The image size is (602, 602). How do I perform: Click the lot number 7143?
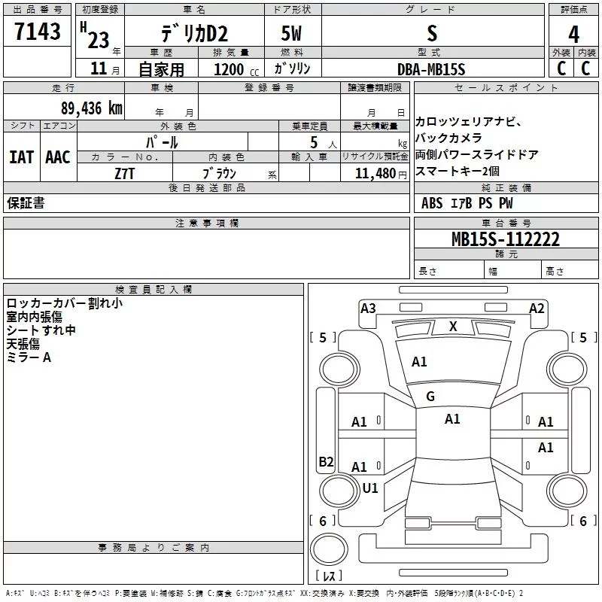37,31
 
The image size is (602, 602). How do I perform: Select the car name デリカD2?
194,34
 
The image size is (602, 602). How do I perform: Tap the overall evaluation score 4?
573,34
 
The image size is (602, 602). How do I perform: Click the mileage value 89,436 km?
92,108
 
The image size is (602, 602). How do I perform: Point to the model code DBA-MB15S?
431,69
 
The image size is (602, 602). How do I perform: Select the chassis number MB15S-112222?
505,239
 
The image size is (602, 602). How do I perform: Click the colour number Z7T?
124,174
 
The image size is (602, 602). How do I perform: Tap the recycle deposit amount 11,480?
375,173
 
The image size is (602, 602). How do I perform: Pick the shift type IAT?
22,157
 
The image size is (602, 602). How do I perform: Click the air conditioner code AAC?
58,157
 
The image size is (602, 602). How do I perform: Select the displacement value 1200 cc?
236,69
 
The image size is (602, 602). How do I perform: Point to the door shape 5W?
291,33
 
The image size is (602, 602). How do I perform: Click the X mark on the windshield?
453,327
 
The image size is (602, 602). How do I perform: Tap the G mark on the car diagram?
430,396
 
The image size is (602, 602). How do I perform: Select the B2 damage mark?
326,461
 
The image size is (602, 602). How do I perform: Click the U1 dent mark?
370,488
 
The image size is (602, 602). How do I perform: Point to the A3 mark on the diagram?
368,308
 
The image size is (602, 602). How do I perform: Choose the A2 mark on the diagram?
537,308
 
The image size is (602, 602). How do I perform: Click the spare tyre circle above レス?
329,549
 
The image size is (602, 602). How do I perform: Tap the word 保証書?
26,202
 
